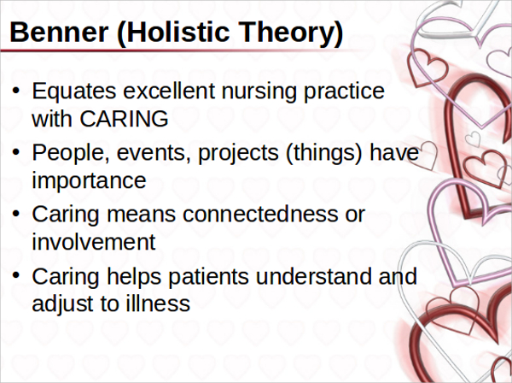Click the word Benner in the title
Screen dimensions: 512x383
pyautogui.click(x=59, y=32)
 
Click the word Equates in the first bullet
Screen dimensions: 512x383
pyautogui.click(x=73, y=91)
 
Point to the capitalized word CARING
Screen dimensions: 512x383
pyautogui.click(x=124, y=118)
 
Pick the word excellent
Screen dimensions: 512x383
pyautogui.click(x=169, y=91)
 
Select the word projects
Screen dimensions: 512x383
pyautogui.click(x=238, y=154)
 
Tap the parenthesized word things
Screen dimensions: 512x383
pyautogui.click(x=324, y=153)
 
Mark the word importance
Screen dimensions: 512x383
pyautogui.click(x=89, y=181)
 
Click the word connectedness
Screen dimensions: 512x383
pyautogui.click(x=260, y=215)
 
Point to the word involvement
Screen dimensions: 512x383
pyautogui.click(x=94, y=242)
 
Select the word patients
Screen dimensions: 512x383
pyautogui.click(x=209, y=277)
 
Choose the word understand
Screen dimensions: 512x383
pyautogui.click(x=314, y=276)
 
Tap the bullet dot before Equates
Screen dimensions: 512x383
pyautogui.click(x=16, y=91)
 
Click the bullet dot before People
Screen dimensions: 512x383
pyautogui.click(x=16, y=152)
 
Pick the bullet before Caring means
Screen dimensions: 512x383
pyautogui.click(x=16, y=215)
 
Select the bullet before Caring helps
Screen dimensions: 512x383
pyautogui.click(x=16, y=276)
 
